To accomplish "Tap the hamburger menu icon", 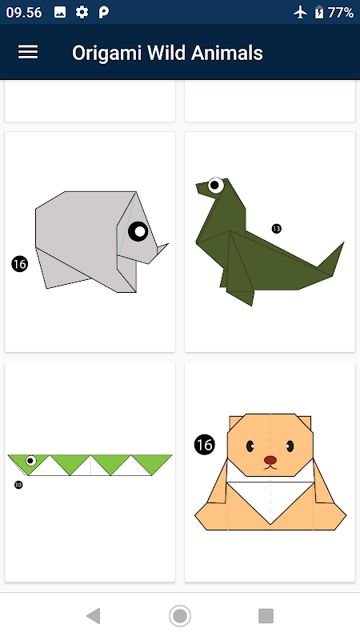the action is [28, 52].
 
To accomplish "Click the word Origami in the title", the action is [106, 54].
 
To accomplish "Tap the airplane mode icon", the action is [300, 13].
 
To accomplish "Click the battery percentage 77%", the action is [341, 13].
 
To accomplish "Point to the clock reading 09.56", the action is [24, 13].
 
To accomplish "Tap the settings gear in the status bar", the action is [82, 13].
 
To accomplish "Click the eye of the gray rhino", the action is [138, 231].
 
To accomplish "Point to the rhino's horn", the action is [162, 249].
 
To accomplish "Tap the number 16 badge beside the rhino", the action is [19, 264].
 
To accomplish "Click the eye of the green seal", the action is [215, 186].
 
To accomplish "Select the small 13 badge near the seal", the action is [276, 229].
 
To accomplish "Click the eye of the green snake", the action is [30, 461].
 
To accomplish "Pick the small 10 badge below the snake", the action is [18, 485].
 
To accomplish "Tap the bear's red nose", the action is [270, 460].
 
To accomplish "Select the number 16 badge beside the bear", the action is [205, 444].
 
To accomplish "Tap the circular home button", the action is [180, 615].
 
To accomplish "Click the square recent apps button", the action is [266, 615].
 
